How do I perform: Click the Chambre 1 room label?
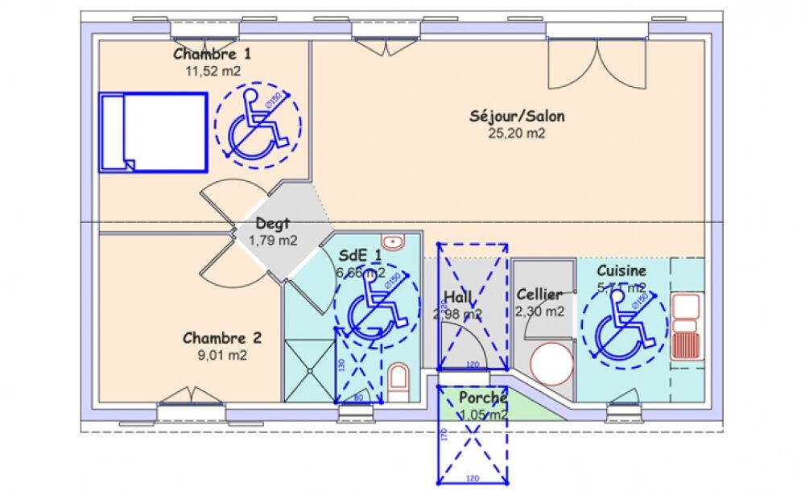tap(213, 55)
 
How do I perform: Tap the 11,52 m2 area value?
tap(213, 71)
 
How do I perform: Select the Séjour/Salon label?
tap(517, 116)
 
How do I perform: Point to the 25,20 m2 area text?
tap(517, 133)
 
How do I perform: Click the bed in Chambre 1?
tap(153, 132)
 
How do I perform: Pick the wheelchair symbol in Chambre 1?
tap(258, 124)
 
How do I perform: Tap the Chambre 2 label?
tap(221, 338)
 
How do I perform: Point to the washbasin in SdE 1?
tap(392, 241)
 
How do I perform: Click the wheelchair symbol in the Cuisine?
tap(624, 322)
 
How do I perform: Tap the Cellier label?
tap(539, 295)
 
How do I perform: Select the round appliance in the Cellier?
tap(551, 361)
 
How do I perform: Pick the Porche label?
tap(483, 398)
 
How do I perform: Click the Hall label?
tap(458, 298)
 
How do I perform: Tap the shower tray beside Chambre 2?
tap(308, 371)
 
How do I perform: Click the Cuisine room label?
tap(621, 271)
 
